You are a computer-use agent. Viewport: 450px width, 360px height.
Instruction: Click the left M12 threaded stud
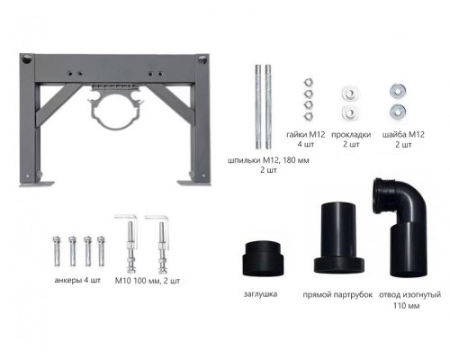pyautogui.click(x=258, y=107)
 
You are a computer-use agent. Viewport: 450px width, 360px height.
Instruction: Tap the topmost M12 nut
pyautogui.click(x=308, y=83)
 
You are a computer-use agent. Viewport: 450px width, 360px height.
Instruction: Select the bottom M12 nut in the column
pyautogui.click(x=308, y=116)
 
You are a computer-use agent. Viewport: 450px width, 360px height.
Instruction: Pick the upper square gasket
pyautogui.click(x=350, y=94)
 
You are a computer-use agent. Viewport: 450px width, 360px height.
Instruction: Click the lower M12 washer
pyautogui.click(x=398, y=112)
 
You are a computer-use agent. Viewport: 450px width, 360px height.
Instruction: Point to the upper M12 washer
pyautogui.click(x=398, y=91)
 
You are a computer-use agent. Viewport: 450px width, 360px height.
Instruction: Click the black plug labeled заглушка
pyautogui.click(x=263, y=258)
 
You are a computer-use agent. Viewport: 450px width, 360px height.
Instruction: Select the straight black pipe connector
pyautogui.click(x=339, y=238)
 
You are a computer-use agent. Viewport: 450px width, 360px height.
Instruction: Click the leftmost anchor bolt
pyautogui.click(x=57, y=251)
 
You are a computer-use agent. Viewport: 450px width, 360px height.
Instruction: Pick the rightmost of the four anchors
pyautogui.click(x=101, y=251)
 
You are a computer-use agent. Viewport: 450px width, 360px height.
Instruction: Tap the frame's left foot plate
pyautogui.click(x=37, y=184)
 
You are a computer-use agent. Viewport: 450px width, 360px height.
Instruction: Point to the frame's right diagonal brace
pyautogui.click(x=169, y=97)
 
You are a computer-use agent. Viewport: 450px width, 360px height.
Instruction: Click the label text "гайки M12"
pyautogui.click(x=305, y=134)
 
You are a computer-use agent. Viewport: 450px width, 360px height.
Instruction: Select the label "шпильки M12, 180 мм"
pyautogui.click(x=268, y=160)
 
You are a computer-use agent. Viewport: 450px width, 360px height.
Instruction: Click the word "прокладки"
pyautogui.click(x=351, y=135)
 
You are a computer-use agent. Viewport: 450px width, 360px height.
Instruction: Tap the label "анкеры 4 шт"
pyautogui.click(x=77, y=280)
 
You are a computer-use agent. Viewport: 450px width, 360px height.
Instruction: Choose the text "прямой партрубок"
pyautogui.click(x=337, y=294)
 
